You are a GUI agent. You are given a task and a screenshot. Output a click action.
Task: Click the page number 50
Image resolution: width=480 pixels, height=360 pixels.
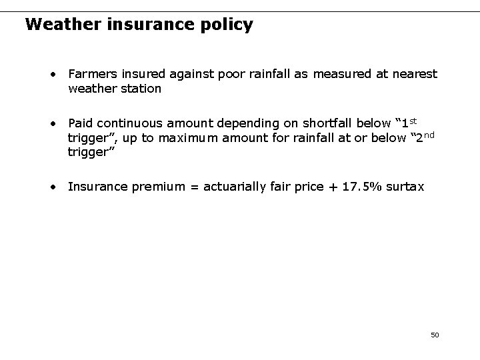(x=435, y=334)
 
